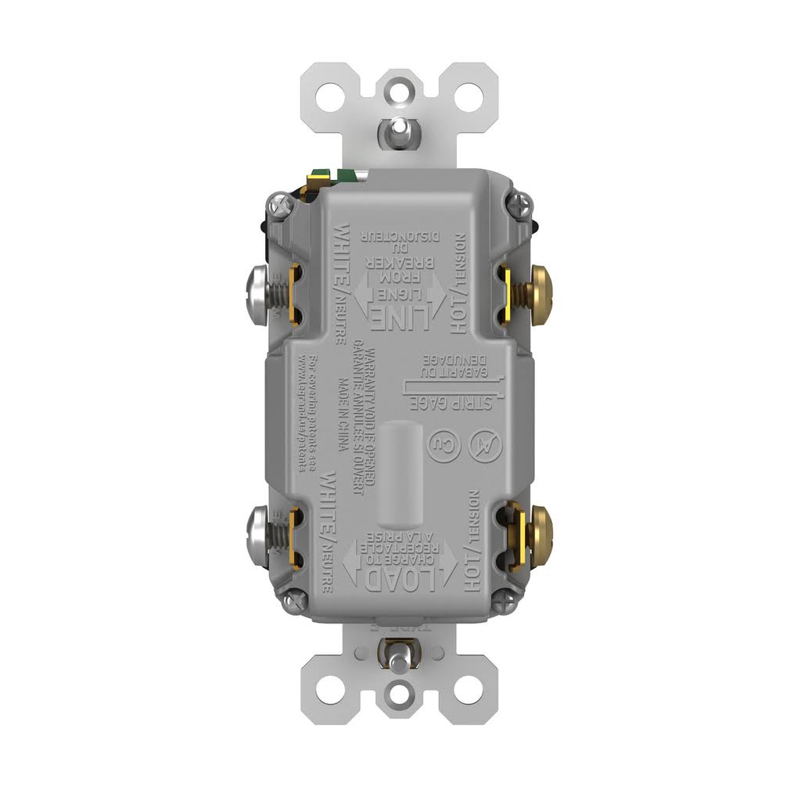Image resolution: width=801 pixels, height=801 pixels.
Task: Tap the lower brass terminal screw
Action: pos(540,530)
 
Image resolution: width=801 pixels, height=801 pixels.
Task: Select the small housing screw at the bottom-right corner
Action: pos(508,600)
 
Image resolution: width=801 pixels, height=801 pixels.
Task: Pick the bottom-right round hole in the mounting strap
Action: pos(469,688)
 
